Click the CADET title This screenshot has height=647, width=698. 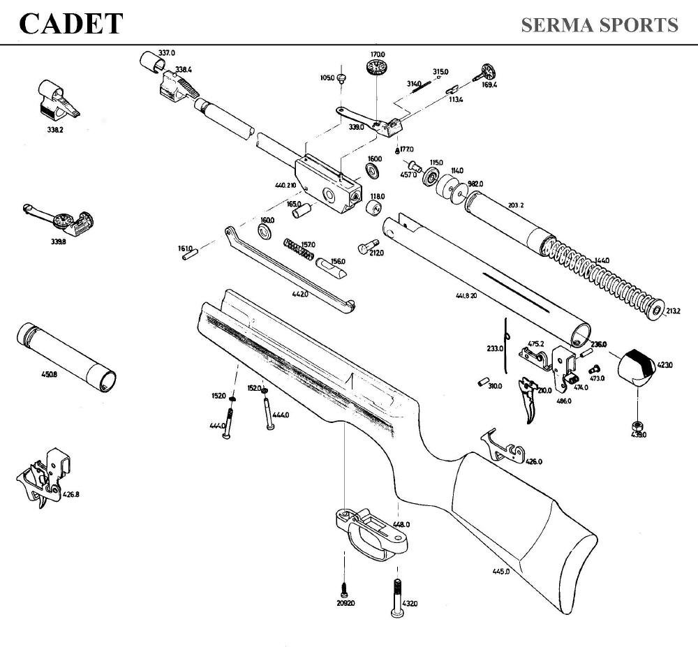point(70,24)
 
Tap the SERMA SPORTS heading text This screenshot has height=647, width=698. point(599,25)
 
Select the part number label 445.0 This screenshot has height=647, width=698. point(500,572)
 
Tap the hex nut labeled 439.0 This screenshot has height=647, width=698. point(636,424)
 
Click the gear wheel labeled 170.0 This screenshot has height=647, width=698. point(376,68)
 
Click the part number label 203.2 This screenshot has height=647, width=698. point(517,205)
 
